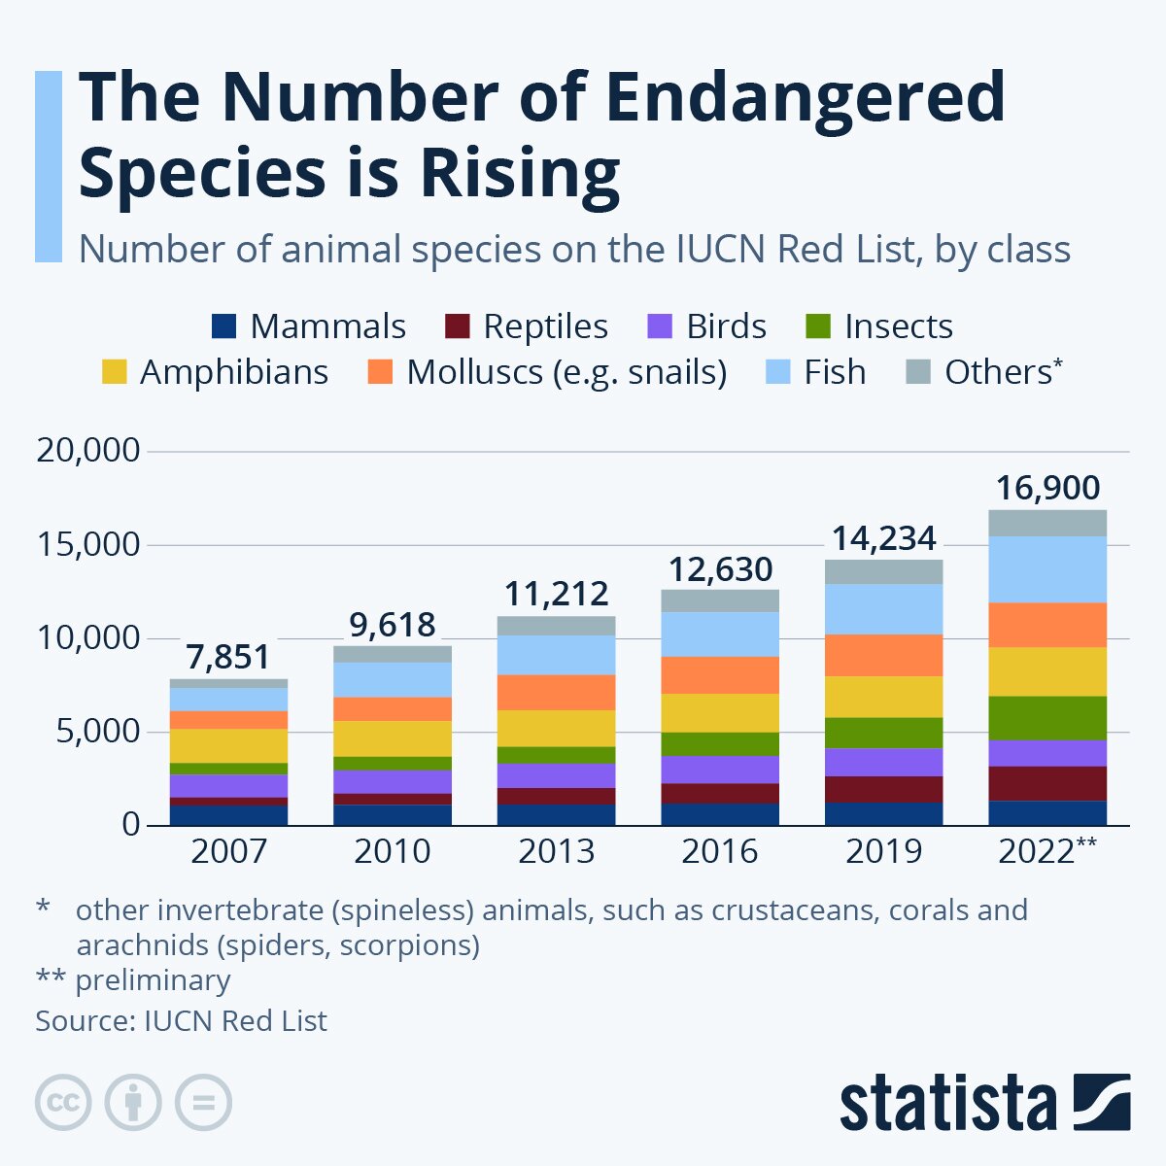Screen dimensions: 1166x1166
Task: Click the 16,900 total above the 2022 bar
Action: [x=1047, y=488]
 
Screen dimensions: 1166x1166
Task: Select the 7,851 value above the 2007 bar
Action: [x=228, y=657]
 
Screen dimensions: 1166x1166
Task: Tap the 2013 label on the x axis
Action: [x=556, y=852]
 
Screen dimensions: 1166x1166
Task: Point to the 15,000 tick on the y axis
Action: [x=88, y=545]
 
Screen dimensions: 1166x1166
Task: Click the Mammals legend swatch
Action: [x=223, y=326]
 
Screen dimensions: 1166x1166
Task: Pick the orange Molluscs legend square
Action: [x=381, y=372]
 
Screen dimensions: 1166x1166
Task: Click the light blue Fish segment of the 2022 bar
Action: [x=1047, y=569]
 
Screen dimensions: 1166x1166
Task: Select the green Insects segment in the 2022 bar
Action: [x=1047, y=718]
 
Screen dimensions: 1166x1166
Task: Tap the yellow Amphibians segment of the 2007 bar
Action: [x=228, y=745]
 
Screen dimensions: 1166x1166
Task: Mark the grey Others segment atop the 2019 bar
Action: [x=883, y=571]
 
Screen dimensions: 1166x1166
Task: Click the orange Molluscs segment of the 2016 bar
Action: [x=720, y=675]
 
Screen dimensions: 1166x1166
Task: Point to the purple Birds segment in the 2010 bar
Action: [x=392, y=782]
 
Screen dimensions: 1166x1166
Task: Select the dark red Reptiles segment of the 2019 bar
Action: [x=883, y=789]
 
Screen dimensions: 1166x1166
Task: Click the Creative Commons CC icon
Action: [x=63, y=1103]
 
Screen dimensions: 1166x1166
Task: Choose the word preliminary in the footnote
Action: [x=153, y=980]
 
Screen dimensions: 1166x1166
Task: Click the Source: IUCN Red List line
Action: [x=182, y=1021]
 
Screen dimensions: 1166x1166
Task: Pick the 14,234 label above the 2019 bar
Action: [x=883, y=538]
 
